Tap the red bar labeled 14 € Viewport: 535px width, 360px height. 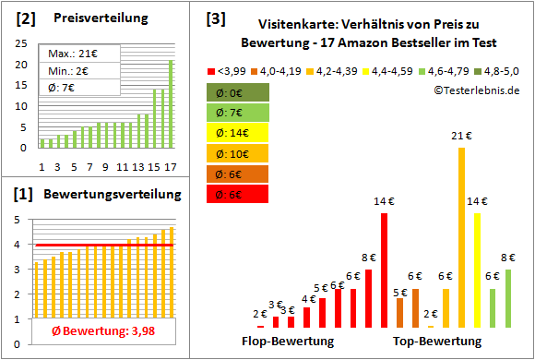(384, 270)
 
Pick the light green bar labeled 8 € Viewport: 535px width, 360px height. (507, 298)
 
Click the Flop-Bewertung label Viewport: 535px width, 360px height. (288, 342)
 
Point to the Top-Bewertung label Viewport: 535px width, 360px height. (437, 342)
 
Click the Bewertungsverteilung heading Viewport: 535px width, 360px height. (103, 196)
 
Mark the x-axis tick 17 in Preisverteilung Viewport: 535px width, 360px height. (170, 166)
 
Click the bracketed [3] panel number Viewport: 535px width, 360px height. (215, 18)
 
